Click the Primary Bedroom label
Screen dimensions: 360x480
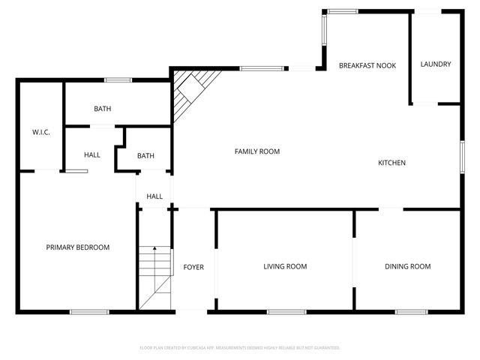tap(78, 247)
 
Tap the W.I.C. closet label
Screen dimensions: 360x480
tap(40, 133)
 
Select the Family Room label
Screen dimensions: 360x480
tap(257, 151)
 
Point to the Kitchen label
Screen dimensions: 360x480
tap(391, 163)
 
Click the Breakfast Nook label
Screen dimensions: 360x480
tap(367, 66)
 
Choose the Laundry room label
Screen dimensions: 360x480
tap(436, 64)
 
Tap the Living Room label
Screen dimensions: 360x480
tap(285, 266)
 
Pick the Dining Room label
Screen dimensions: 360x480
tap(407, 266)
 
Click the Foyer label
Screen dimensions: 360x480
tap(193, 267)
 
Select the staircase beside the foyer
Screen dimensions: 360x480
tap(154, 277)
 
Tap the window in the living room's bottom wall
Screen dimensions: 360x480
tap(281, 312)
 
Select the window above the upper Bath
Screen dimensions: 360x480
tap(118, 80)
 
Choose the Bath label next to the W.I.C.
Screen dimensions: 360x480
tap(103, 109)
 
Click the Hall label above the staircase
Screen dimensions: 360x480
tap(154, 196)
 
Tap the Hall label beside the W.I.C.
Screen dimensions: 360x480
tap(92, 155)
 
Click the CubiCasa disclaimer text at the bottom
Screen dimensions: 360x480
tap(240, 348)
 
